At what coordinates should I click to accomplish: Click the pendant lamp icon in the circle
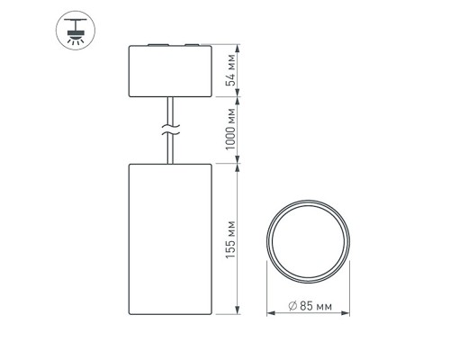pyautogui.click(x=71, y=31)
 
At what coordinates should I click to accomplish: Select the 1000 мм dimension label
pyautogui.click(x=232, y=130)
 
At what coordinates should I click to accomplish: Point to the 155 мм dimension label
pyautogui.click(x=232, y=239)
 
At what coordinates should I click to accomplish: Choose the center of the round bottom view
pyautogui.click(x=308, y=240)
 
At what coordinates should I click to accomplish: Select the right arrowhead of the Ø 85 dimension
pyautogui.click(x=344, y=316)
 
